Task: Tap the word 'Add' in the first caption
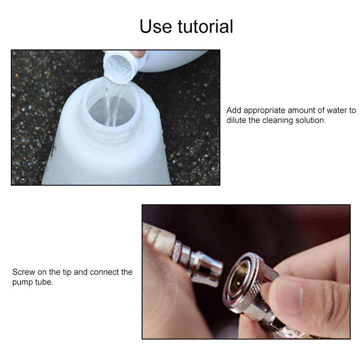tap(233, 110)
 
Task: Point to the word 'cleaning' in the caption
tap(277, 121)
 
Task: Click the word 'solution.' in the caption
tap(310, 121)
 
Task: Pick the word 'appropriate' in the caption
tap(265, 110)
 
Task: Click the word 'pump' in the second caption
tap(22, 282)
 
